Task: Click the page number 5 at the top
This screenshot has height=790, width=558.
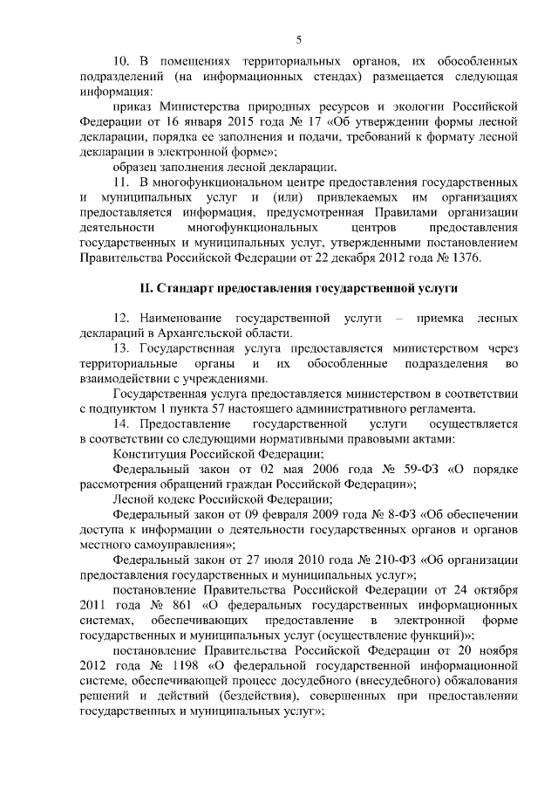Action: coord(298,39)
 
